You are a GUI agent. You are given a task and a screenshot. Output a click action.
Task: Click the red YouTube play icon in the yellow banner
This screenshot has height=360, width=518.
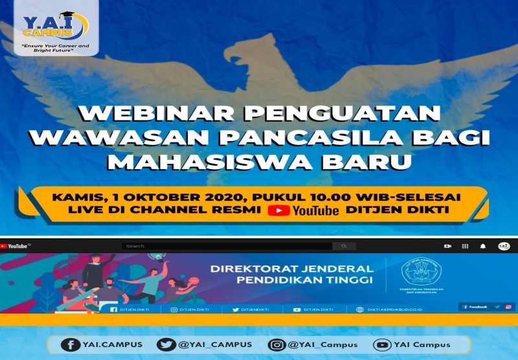tap(278, 210)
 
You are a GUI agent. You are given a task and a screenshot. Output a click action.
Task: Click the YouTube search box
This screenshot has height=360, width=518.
tap(227, 246)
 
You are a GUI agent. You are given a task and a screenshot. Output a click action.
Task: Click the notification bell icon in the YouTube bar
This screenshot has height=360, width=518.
tap(482, 246)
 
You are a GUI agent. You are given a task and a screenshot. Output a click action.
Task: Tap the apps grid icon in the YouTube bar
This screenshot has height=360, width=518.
tap(465, 246)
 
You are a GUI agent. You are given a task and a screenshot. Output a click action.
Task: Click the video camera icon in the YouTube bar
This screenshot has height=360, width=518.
tap(447, 246)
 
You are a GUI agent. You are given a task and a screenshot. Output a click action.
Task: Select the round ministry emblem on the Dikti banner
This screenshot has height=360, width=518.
tap(420, 271)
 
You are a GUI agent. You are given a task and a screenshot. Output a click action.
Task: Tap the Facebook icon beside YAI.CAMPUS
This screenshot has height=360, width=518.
tap(71, 344)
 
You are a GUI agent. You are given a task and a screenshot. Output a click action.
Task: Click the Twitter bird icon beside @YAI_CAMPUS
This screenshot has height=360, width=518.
tap(166, 344)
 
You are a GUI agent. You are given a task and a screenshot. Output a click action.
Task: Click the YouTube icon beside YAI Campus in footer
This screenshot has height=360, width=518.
tap(382, 344)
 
